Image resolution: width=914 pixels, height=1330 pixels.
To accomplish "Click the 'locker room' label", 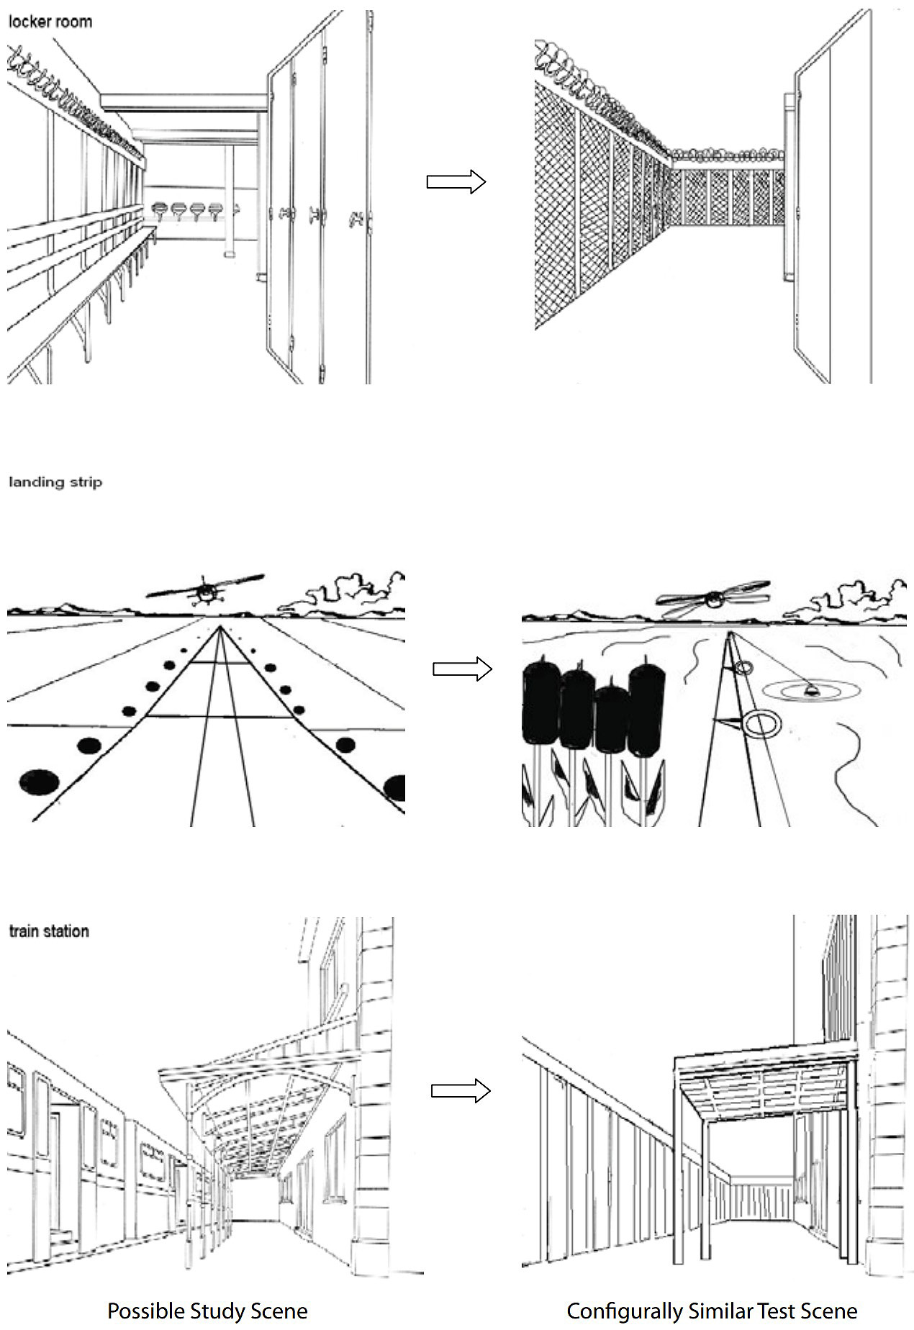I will click(50, 22).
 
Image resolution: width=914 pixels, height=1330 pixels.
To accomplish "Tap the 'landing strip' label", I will click(55, 482).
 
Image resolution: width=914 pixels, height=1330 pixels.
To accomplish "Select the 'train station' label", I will click(49, 931).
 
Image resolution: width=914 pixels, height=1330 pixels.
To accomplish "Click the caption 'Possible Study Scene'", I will click(207, 1311).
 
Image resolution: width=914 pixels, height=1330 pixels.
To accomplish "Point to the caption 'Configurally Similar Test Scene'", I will click(711, 1311).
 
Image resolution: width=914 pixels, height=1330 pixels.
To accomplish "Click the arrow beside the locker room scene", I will click(456, 181).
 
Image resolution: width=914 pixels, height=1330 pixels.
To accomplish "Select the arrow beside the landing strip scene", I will click(462, 669).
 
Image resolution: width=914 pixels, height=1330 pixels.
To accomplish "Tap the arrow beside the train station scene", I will click(461, 1091).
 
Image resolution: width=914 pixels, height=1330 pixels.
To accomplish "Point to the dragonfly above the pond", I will click(712, 597).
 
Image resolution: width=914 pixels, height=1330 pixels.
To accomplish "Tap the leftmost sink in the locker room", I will click(160, 209).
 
